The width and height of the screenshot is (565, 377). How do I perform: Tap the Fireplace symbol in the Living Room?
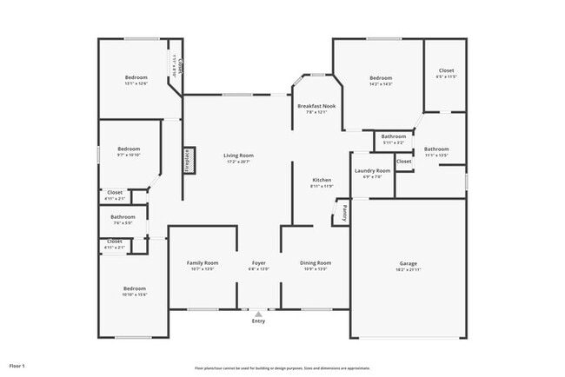tap(186, 161)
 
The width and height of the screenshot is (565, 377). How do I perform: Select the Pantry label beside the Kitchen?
tap(343, 211)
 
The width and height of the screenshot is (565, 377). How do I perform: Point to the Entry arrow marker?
tap(258, 313)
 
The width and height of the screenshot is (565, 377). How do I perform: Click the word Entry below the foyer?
tap(258, 321)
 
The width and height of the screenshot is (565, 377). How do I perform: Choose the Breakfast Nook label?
tap(316, 106)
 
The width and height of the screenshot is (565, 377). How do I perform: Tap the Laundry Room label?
tap(372, 170)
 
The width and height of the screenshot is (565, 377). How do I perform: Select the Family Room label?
tap(203, 262)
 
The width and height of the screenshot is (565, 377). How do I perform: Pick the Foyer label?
tap(259, 262)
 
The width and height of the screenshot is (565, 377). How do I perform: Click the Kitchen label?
tap(322, 180)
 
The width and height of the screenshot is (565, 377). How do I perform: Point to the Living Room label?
tap(237, 155)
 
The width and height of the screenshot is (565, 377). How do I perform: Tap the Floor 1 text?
tap(17, 367)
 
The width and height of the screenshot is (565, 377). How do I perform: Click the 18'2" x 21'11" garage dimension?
tap(409, 269)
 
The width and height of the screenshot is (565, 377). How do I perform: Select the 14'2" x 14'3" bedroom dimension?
tap(381, 84)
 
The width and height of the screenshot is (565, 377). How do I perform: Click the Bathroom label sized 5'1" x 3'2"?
tap(394, 136)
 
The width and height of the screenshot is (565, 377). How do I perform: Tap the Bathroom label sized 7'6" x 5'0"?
tap(123, 216)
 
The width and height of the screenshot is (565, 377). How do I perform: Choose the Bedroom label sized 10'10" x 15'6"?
tap(134, 288)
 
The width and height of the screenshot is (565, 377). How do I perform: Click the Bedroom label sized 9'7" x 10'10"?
tap(129, 149)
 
